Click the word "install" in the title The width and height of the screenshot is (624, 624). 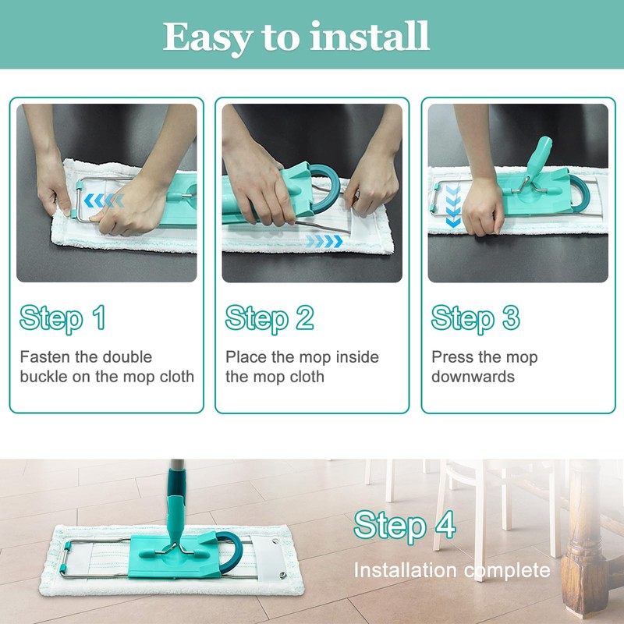click(x=370, y=36)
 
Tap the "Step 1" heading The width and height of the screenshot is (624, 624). click(x=63, y=319)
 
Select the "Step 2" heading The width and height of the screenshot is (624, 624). click(x=269, y=319)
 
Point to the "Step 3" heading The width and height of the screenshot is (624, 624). click(x=476, y=319)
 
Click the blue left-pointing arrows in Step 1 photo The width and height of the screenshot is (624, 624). click(x=104, y=200)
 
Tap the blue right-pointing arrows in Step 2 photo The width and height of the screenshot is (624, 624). click(x=324, y=241)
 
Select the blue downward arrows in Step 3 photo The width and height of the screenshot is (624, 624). click(x=453, y=206)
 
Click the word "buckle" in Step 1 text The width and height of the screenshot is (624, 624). click(x=44, y=377)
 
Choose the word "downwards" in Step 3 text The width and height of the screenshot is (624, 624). click(x=473, y=377)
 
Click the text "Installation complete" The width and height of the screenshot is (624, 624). click(x=452, y=570)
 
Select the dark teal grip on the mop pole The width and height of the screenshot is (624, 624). click(x=176, y=482)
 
